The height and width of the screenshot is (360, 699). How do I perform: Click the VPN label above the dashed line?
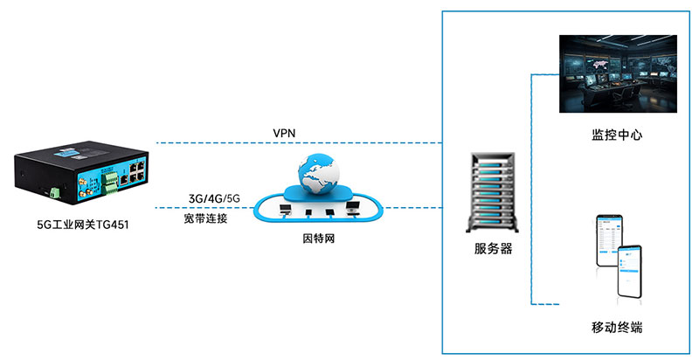(285, 132)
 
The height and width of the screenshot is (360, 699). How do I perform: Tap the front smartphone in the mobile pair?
(635, 270)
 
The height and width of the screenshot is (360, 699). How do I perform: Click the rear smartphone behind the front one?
(608, 239)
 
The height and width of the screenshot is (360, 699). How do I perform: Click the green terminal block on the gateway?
(110, 183)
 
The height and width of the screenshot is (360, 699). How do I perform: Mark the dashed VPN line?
(297, 142)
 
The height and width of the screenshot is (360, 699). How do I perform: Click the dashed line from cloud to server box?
(411, 208)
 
